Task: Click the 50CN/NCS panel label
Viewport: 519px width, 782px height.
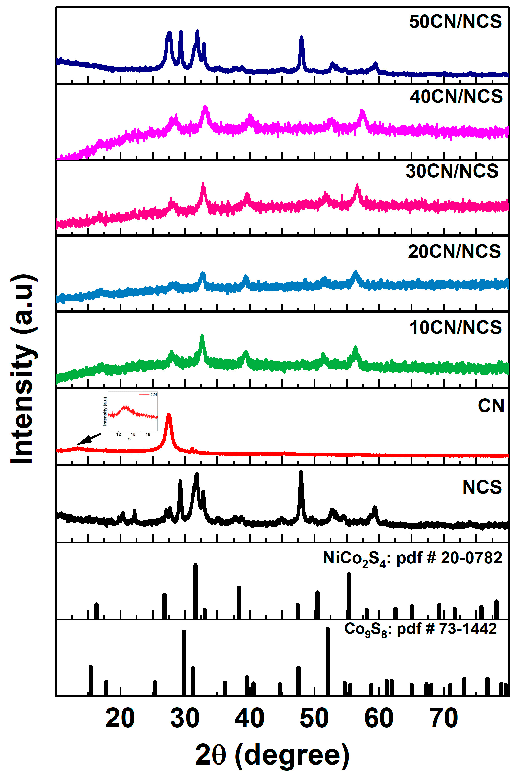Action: (x=455, y=22)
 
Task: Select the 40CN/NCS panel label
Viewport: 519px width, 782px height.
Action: (x=456, y=97)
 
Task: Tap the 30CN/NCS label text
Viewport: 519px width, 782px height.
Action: (x=452, y=171)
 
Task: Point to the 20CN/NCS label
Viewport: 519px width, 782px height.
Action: (x=454, y=252)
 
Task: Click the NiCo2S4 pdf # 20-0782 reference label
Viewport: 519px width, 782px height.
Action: (x=413, y=558)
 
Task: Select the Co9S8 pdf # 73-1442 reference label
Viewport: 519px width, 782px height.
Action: (x=420, y=629)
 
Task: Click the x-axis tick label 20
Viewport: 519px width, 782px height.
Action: (x=120, y=718)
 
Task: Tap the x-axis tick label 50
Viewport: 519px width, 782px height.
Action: (x=314, y=718)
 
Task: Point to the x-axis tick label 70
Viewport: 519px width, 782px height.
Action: (x=443, y=718)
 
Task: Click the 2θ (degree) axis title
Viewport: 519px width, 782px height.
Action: (x=272, y=755)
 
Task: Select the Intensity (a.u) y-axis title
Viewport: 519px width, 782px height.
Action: (x=23, y=369)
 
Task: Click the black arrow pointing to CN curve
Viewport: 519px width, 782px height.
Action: (x=88, y=439)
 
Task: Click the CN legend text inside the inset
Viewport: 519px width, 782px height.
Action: (x=153, y=395)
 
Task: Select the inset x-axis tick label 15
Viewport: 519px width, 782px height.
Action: (x=133, y=434)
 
